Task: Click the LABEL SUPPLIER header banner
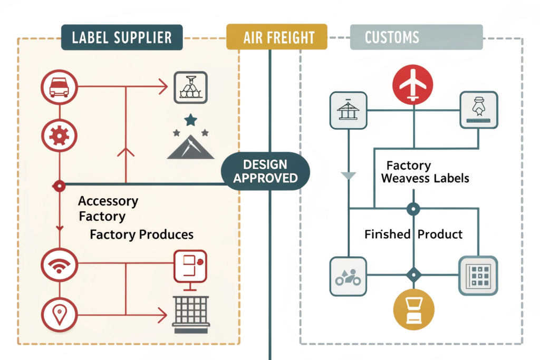pyautogui.click(x=122, y=37)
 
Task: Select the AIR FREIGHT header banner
pyautogui.click(x=276, y=37)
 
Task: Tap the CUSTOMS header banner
pyautogui.click(x=417, y=37)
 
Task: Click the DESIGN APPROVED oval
pyautogui.click(x=265, y=171)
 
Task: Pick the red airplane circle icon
pyautogui.click(x=413, y=84)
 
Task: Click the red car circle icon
pyautogui.click(x=59, y=87)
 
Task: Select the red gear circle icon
pyautogui.click(x=59, y=136)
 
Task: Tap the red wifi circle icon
pyautogui.click(x=59, y=265)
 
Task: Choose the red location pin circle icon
pyautogui.click(x=59, y=315)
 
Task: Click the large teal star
pyautogui.click(x=190, y=120)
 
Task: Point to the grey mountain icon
pyautogui.click(x=190, y=147)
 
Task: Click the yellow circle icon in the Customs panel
pyautogui.click(x=413, y=309)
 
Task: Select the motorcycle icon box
pyautogui.click(x=348, y=276)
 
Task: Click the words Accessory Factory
pyautogui.click(x=108, y=209)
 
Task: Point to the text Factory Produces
pyautogui.click(x=141, y=235)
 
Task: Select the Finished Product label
pyautogui.click(x=413, y=234)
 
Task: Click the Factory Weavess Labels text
pyautogui.click(x=425, y=172)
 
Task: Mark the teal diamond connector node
pyautogui.click(x=413, y=275)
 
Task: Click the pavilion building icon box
pyautogui.click(x=348, y=111)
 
